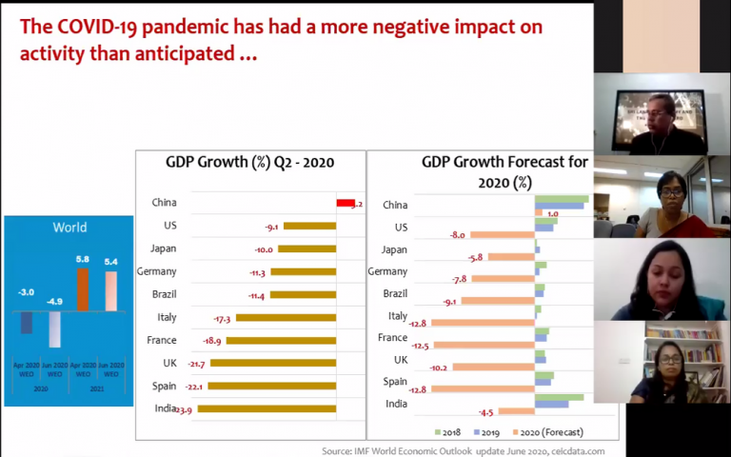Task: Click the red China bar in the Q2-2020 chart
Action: tap(345, 203)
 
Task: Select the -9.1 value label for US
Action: tap(271, 227)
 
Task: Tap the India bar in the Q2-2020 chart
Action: tap(266, 409)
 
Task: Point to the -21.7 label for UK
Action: tap(196, 364)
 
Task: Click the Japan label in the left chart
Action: tap(163, 248)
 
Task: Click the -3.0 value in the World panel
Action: tap(27, 292)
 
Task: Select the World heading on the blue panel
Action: tap(69, 228)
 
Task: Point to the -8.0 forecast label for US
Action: tap(458, 234)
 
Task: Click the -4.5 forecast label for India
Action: tap(485, 412)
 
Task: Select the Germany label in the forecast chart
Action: tap(387, 271)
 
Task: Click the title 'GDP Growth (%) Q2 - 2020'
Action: tap(250, 162)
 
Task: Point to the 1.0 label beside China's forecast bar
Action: tap(552, 214)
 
